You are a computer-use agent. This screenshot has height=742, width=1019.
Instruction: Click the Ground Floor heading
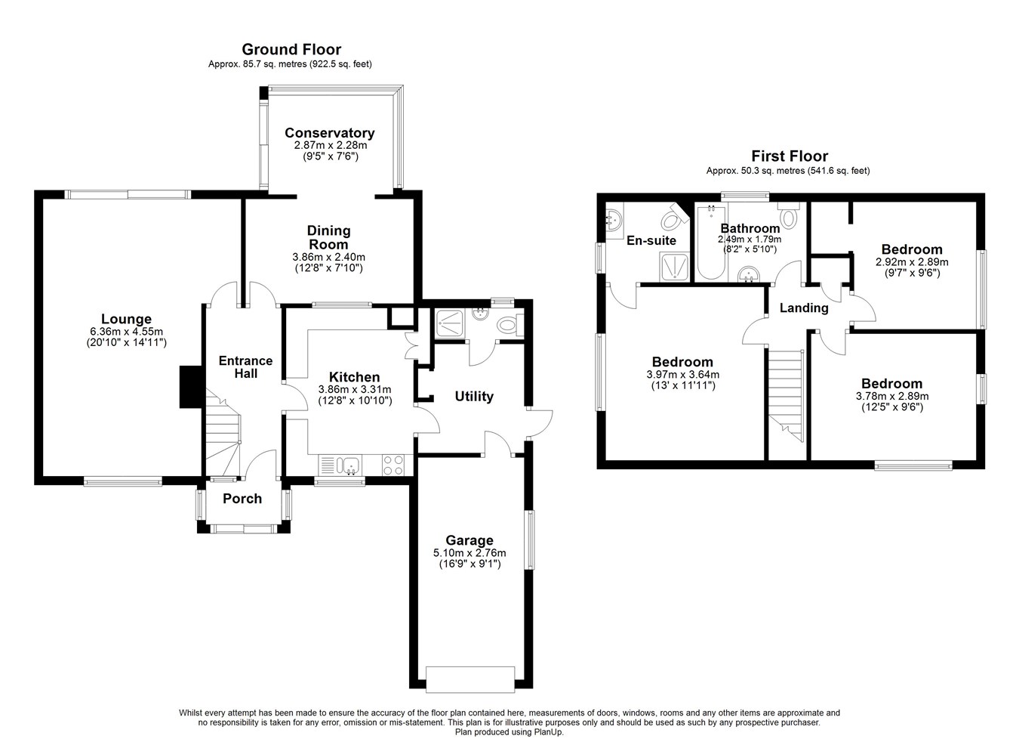(x=291, y=49)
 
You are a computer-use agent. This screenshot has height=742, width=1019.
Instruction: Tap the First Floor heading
(x=790, y=156)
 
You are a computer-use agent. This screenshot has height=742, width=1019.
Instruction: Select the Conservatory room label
(x=329, y=132)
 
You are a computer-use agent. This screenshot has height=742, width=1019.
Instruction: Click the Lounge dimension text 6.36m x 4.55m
(x=127, y=332)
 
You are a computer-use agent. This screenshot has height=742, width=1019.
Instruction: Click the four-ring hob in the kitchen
(x=393, y=465)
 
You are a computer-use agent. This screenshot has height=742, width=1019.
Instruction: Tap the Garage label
(x=469, y=540)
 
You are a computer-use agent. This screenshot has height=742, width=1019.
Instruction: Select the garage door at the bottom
(x=470, y=679)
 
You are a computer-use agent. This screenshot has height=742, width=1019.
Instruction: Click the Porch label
(x=242, y=498)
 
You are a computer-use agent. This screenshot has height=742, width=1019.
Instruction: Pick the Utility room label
(x=474, y=396)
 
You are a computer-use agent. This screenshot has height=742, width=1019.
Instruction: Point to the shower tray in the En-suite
(x=675, y=266)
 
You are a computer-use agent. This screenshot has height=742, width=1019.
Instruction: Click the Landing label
(x=804, y=308)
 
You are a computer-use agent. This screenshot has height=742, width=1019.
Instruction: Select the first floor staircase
(x=786, y=395)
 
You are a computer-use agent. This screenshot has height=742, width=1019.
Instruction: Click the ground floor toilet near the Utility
(x=509, y=325)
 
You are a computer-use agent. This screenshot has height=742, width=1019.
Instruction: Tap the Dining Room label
(x=328, y=237)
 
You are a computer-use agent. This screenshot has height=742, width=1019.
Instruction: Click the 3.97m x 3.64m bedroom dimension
(x=683, y=375)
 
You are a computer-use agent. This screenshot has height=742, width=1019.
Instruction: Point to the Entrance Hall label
(x=245, y=367)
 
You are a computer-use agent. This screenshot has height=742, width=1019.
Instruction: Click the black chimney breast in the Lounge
(x=191, y=386)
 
